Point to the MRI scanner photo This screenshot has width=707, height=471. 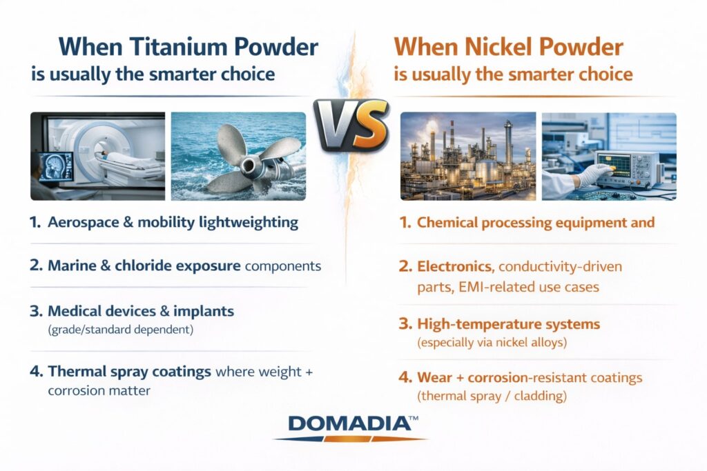[97, 156]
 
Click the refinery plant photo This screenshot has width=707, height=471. [467, 156]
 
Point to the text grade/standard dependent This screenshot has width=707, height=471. [120, 329]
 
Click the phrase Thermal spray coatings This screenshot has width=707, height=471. [129, 372]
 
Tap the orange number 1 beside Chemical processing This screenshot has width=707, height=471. [405, 223]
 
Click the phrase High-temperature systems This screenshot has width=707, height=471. [508, 323]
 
